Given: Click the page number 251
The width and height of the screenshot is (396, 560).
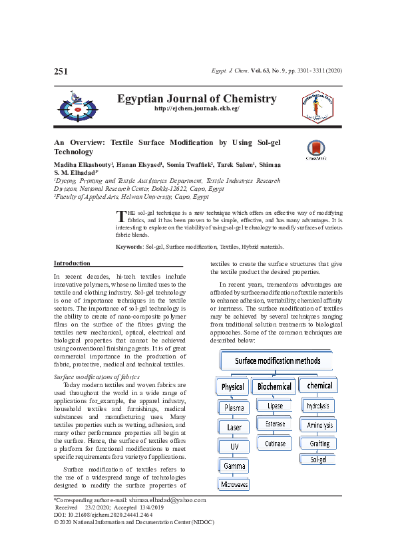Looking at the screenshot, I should tap(61, 71).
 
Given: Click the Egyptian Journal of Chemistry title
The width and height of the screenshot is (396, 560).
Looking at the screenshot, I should tap(196, 98).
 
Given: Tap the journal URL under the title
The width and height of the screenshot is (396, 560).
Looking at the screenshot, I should tap(196, 108).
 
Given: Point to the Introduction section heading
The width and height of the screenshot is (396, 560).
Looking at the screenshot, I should tap(72, 263).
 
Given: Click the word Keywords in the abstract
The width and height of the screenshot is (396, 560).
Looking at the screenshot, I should tap(129, 247).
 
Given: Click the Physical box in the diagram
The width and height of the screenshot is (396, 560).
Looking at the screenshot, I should tap(233, 386).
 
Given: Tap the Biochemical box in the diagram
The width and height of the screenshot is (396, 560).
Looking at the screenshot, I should tap(274, 386).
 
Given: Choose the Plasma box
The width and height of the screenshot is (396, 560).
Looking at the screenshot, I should tap(234, 408).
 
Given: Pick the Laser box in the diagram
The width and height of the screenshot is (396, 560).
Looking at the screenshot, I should tap(234, 427).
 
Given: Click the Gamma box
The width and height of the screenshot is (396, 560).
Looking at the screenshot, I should tap(234, 466).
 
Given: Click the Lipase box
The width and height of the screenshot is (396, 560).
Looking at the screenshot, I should tap(275, 406).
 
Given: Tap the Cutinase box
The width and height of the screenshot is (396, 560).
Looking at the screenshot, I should tap(275, 443).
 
